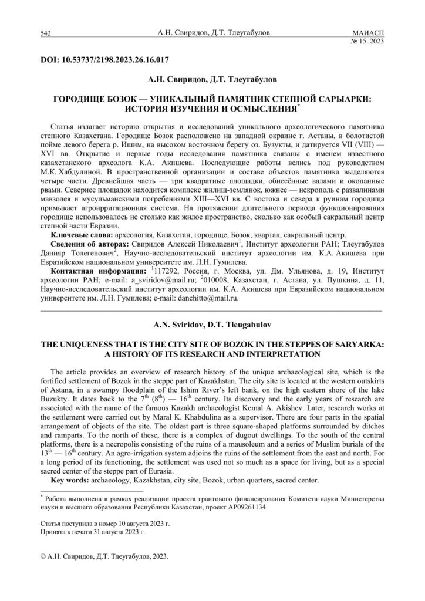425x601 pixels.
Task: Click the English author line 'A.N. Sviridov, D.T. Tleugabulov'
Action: tap(212, 323)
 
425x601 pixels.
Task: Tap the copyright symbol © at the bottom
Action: tap(44, 559)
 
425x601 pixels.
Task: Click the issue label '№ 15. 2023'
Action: tap(367, 42)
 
